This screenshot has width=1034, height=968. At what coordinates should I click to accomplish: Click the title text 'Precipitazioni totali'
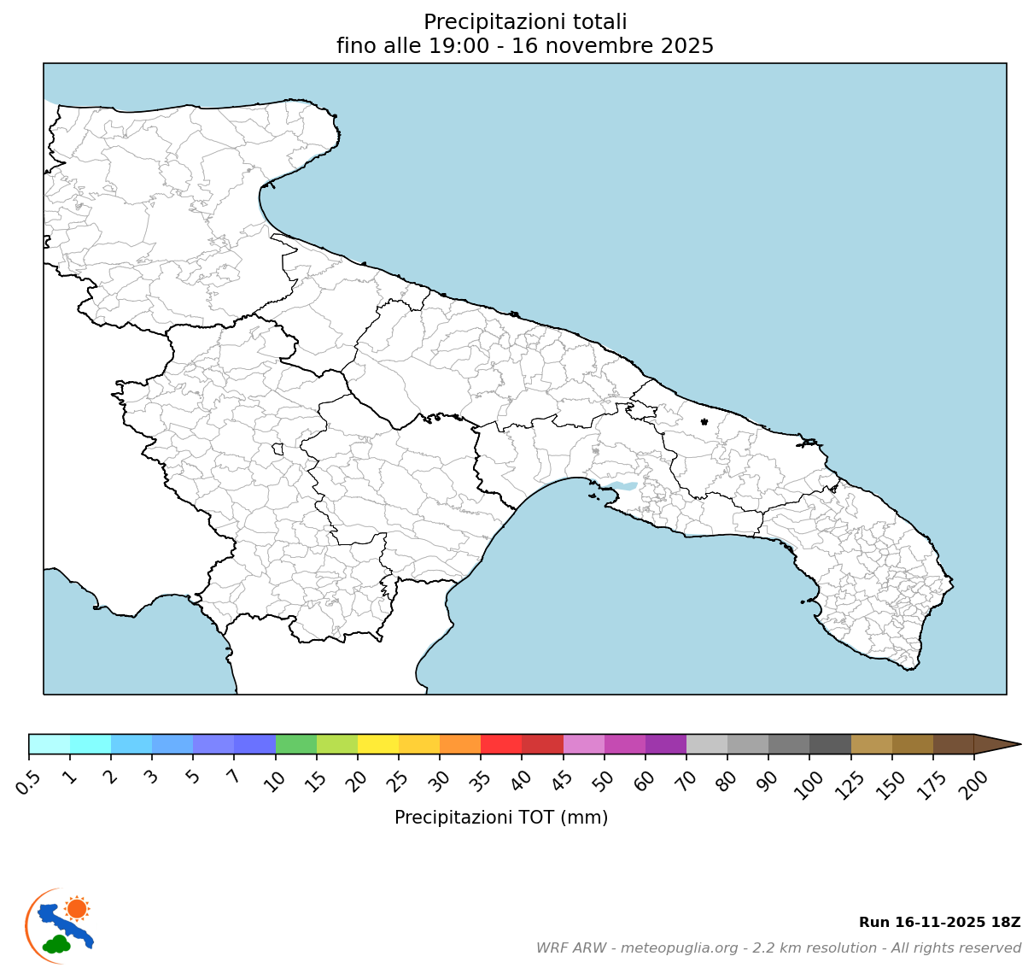pos(525,22)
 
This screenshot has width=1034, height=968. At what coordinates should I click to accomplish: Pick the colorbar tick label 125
pos(848,781)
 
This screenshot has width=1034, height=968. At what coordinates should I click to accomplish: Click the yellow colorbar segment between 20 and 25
pos(378,744)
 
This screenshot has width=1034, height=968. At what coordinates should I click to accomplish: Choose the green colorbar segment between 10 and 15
pos(296,744)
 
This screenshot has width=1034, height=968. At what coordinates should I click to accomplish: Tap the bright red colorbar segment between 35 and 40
pos(501,744)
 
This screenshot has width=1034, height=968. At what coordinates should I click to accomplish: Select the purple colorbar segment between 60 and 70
pos(666,744)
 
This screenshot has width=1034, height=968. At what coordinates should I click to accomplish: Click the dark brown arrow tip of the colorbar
pos(997,744)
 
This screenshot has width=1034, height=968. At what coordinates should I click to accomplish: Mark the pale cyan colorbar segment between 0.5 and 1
pos(50,744)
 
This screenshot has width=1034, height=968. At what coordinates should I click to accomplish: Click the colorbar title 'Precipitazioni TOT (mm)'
pos(501,818)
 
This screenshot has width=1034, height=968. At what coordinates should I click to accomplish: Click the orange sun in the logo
pos(77,908)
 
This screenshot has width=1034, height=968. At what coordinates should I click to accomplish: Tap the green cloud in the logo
pos(58,944)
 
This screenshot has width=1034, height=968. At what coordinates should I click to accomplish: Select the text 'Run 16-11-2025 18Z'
pos(939,923)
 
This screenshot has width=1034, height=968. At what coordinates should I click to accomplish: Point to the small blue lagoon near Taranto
pos(625,486)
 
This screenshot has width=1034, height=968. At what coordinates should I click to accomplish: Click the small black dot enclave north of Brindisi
pos(704,421)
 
